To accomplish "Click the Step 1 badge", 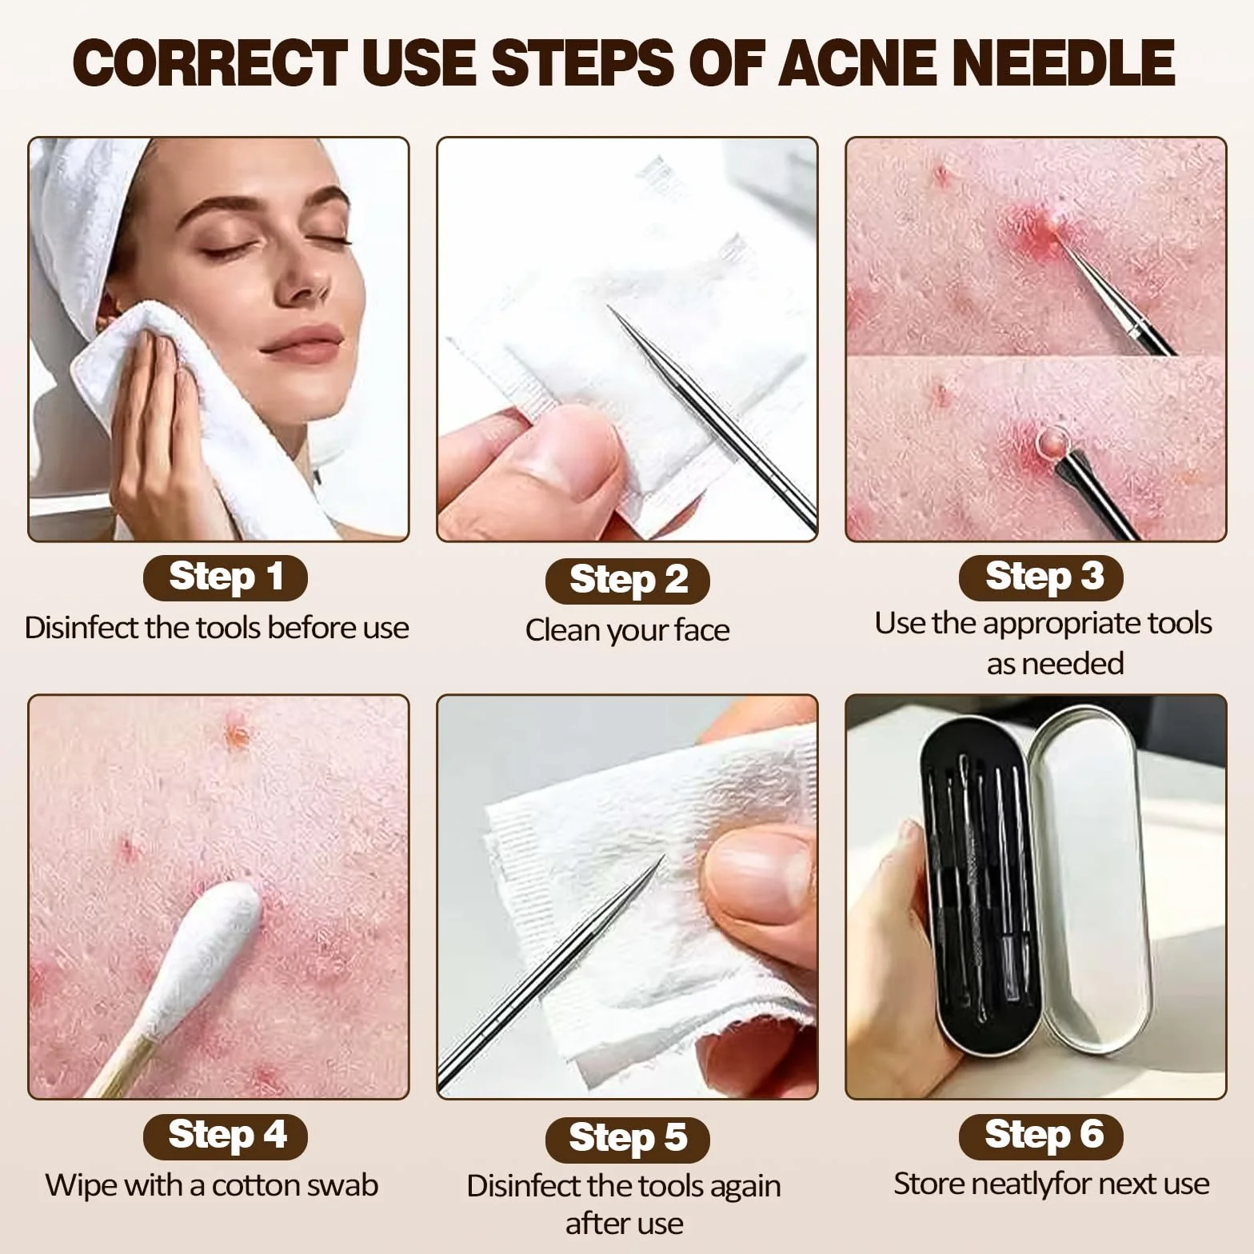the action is [226, 577].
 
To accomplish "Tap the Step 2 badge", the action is [628, 581].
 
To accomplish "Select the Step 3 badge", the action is [1041, 577].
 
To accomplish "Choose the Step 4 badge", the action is [226, 1136].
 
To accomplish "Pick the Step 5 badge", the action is [628, 1140].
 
